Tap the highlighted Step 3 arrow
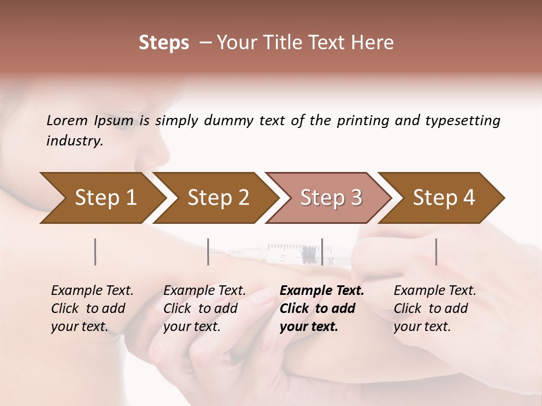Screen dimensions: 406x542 click(330, 198)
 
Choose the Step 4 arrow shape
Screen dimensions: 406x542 click(443, 198)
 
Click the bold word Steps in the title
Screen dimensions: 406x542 click(164, 43)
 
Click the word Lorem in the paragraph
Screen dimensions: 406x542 click(67, 120)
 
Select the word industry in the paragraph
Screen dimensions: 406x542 click(74, 141)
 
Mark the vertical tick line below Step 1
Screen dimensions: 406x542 click(95, 251)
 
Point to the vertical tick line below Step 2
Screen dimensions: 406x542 click(208, 251)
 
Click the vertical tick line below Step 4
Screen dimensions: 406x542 click(436, 251)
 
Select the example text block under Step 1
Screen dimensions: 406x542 click(92, 308)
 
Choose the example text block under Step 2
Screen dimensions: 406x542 click(204, 308)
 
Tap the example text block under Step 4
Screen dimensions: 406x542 click(435, 308)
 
